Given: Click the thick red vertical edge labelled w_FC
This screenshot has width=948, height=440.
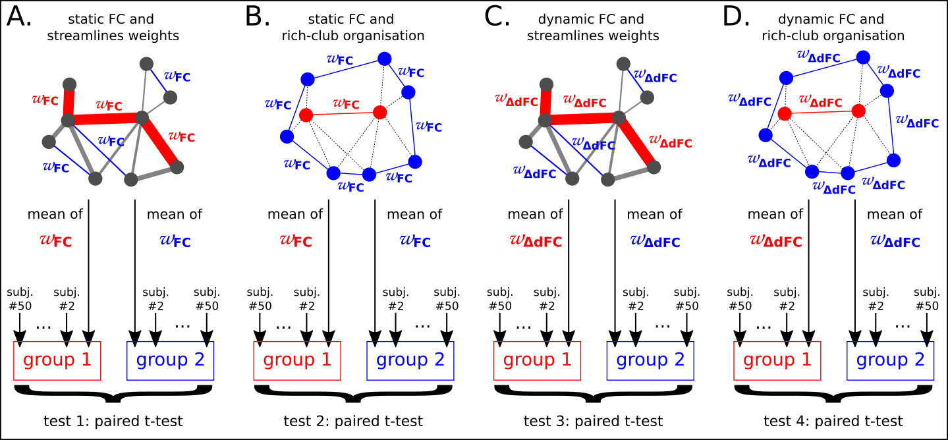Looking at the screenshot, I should (x=69, y=103).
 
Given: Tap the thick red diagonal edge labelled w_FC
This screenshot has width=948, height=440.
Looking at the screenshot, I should (x=159, y=142).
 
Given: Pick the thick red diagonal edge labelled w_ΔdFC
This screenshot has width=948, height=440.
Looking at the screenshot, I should (x=636, y=142).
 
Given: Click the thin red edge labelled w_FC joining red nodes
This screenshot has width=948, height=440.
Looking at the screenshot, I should (x=343, y=114).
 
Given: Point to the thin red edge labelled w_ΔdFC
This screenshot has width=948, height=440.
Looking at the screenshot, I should (x=821, y=113).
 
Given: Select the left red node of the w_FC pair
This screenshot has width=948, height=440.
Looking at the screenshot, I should (x=306, y=115).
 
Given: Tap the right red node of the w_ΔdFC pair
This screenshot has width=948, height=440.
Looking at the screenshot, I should (x=858, y=111).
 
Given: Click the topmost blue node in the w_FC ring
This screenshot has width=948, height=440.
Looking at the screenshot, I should (x=385, y=59).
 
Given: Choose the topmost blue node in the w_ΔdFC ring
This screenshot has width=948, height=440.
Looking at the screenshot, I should (x=863, y=57).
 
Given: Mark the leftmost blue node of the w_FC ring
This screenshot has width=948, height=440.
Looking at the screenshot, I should (x=287, y=136).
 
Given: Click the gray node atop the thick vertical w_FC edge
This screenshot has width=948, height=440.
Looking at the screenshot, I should (x=69, y=84).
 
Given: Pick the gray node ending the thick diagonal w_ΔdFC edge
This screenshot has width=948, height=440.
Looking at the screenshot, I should (x=654, y=167).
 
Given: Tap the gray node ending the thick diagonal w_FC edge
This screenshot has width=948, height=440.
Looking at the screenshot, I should (x=177, y=167).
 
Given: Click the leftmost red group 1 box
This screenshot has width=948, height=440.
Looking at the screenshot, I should (x=57, y=360).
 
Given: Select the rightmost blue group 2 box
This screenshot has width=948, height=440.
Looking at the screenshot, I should (x=890, y=360).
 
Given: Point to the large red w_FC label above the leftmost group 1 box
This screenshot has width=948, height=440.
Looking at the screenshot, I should (x=56, y=240).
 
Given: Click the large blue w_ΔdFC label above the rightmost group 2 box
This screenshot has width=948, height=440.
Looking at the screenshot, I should (x=895, y=241).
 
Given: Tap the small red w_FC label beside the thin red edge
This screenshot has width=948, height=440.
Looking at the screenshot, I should (x=346, y=103).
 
